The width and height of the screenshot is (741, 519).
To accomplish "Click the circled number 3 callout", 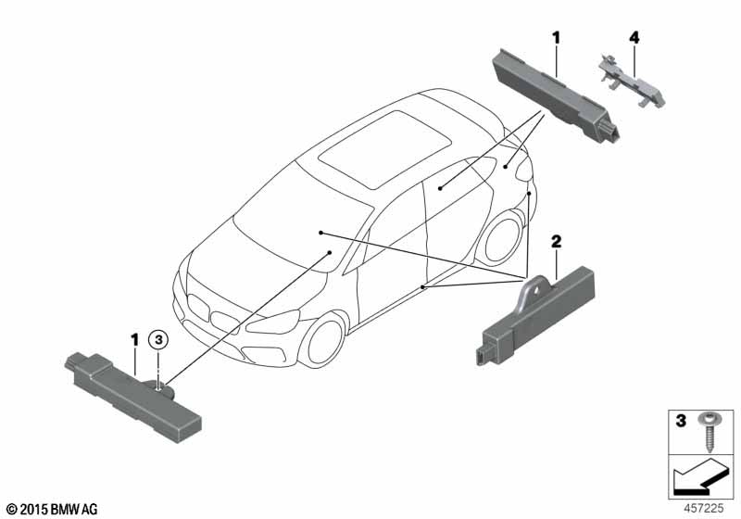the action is click(x=158, y=339).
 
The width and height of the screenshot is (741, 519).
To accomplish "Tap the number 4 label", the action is click(x=634, y=37).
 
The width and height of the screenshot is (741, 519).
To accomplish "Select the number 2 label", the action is click(x=557, y=242).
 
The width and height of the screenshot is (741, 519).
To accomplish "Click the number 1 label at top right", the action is click(x=557, y=38).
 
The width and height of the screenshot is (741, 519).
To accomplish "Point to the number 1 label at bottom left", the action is click(x=134, y=339).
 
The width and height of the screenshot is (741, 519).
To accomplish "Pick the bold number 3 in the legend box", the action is click(x=681, y=420).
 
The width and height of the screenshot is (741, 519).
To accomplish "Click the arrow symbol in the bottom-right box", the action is click(x=698, y=477).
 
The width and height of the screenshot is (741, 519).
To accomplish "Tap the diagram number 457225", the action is click(x=704, y=508).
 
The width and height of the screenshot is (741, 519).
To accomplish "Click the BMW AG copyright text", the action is click(x=53, y=509).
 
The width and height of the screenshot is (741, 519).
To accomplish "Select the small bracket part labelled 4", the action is click(x=632, y=81).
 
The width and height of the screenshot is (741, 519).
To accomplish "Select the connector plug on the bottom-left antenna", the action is click(x=77, y=361).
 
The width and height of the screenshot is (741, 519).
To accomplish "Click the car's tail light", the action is click(x=523, y=169).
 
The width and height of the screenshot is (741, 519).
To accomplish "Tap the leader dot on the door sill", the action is click(x=423, y=287).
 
